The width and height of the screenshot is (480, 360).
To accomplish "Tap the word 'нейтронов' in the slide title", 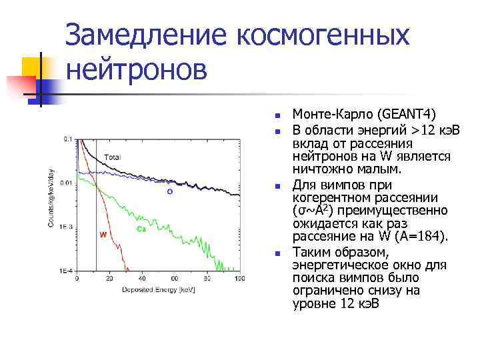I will click(137, 68).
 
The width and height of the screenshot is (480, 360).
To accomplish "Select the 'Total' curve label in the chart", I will click(112, 157).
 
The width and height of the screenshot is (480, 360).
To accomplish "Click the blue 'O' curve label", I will click(169, 191).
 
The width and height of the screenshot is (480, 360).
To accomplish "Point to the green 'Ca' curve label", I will click(141, 229).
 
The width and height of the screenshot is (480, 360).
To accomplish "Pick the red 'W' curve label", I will click(103, 235).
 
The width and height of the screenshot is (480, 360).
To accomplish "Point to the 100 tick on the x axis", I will click(239, 278).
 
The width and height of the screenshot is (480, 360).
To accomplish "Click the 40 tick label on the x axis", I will click(142, 278).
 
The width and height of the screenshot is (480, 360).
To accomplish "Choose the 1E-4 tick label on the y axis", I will click(66, 271).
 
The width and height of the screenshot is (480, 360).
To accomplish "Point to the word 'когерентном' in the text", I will click(327, 197).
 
